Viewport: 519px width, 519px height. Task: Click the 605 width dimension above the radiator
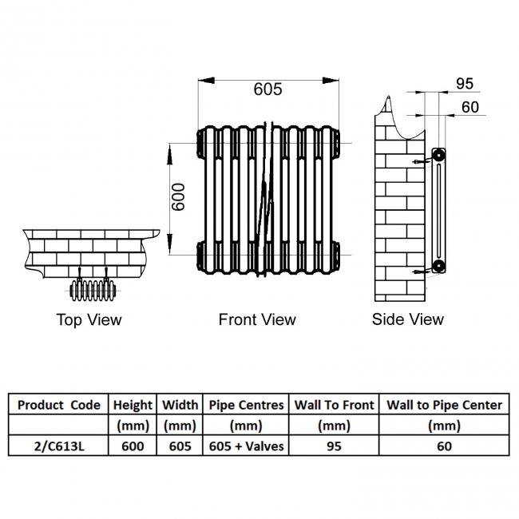(x=267, y=89)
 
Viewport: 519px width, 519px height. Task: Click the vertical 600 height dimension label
(x=180, y=197)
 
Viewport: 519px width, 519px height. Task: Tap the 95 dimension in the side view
(x=465, y=84)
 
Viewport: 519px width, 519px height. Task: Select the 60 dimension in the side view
(x=470, y=107)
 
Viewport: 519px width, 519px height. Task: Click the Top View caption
(x=89, y=320)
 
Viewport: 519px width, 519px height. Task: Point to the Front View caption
(x=257, y=320)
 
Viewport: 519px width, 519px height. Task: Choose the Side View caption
(x=407, y=320)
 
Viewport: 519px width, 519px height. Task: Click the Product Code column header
(x=59, y=405)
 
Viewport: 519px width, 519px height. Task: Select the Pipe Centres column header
(x=246, y=405)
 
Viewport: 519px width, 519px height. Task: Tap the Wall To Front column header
(x=334, y=405)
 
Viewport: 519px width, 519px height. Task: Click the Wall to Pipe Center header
(x=445, y=405)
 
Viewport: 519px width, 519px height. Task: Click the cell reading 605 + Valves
(x=246, y=446)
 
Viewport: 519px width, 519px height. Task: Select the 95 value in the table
(x=334, y=446)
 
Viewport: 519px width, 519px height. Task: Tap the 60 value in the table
(x=445, y=446)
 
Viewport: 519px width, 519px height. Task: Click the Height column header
(x=133, y=405)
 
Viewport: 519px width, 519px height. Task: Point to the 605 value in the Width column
(x=180, y=446)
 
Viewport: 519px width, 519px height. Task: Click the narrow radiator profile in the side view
(x=438, y=209)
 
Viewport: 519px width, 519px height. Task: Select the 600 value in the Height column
(x=133, y=446)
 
